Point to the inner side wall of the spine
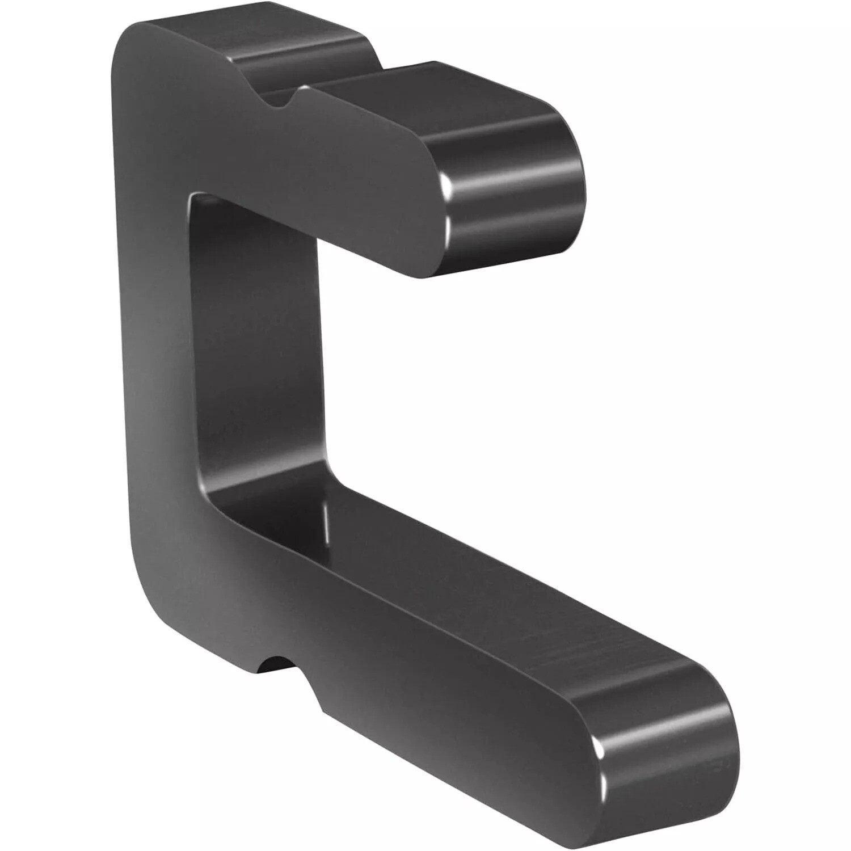click(x=261, y=352)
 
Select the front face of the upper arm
click(x=318, y=176)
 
